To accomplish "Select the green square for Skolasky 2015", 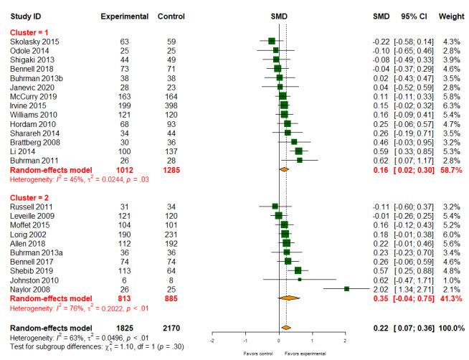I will pos(271,42).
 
